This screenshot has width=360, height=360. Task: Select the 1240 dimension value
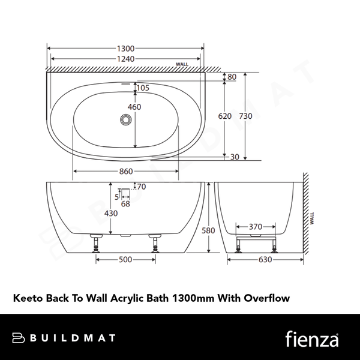coord(125,59)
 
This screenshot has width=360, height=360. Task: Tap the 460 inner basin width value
coord(134,107)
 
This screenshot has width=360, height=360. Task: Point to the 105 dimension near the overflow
coord(143,88)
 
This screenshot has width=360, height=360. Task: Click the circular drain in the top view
coord(125,120)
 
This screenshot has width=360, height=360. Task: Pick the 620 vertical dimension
coord(224,116)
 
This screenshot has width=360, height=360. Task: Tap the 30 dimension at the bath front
coord(235,157)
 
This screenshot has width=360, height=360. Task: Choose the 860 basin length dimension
coord(125,172)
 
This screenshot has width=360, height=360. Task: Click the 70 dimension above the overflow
coord(142,187)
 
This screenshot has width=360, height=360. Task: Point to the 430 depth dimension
coord(112,214)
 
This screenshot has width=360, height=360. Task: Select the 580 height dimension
coord(208,230)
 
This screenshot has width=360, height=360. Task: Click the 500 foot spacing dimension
coord(125,260)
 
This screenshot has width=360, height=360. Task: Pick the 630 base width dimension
coord(265,260)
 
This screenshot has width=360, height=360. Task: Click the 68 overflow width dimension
coord(125,204)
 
